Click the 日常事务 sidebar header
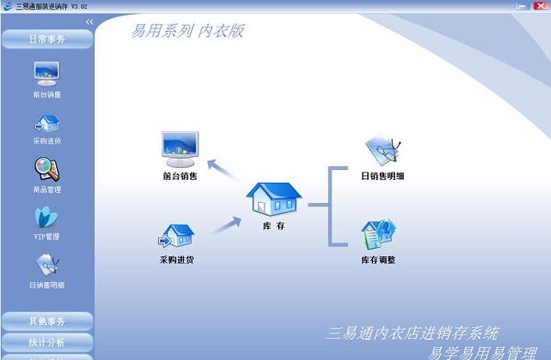coord(47,39)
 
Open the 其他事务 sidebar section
coord(47,321)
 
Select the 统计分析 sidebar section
coord(47,342)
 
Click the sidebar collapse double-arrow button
coord(89,21)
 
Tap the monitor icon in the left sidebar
coord(47,73)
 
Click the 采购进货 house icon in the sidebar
coord(47,122)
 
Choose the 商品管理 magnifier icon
coord(47,169)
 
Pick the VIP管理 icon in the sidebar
coord(47,217)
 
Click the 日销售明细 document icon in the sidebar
coord(47,264)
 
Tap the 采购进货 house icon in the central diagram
coord(178,236)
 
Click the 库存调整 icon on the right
coord(378,236)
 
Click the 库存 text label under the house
coord(274,225)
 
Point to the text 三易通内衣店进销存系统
coord(413,332)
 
